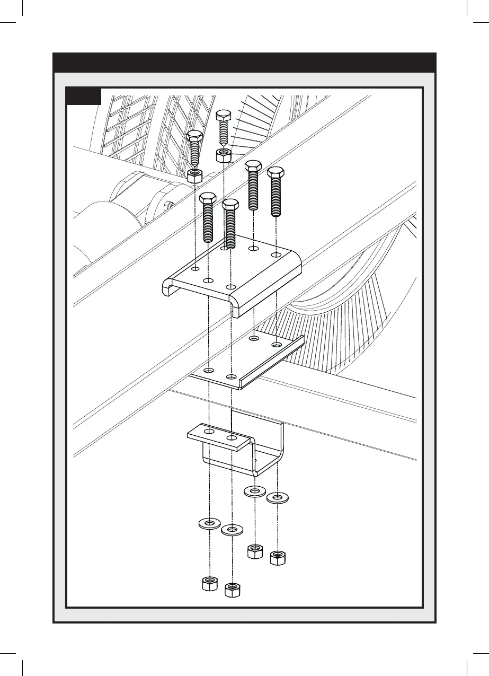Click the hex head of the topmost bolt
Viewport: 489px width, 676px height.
(224, 115)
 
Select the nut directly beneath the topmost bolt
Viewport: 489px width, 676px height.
(224, 155)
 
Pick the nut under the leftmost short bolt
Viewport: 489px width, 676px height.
(195, 175)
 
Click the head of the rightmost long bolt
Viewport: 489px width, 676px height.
(275, 173)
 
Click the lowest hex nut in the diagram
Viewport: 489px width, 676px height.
(232, 590)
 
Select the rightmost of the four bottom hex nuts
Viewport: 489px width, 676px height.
(277, 558)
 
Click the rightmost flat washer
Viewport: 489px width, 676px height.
(277, 498)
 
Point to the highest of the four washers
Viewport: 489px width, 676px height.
(255, 491)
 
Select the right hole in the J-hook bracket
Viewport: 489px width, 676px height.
(232, 438)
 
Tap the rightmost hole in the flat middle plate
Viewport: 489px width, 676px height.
(276, 345)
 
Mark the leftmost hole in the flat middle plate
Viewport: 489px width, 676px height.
(210, 370)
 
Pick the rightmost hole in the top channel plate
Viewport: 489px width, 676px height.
(276, 255)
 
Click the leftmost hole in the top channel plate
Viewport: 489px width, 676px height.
(196, 268)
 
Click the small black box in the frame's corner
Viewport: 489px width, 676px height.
(84, 96)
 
